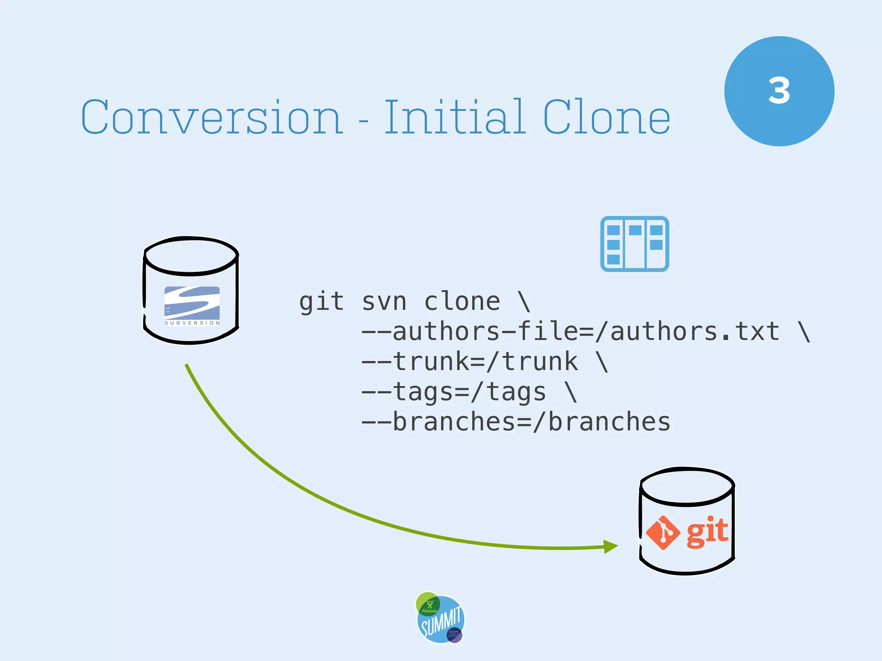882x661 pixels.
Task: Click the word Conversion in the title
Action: [212, 117]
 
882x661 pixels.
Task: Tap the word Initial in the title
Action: [454, 117]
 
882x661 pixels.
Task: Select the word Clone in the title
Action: [606, 117]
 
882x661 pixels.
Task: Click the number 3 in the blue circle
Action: [779, 91]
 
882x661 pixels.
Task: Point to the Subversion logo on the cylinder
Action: [192, 306]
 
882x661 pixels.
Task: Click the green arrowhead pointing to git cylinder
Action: [610, 547]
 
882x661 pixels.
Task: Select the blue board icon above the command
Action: [634, 244]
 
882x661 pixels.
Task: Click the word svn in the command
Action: [384, 301]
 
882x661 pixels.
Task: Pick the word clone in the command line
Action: [462, 301]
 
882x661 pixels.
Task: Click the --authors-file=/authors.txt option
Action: [570, 331]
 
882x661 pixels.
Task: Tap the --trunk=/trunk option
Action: [469, 361]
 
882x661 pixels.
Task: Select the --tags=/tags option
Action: [453, 392]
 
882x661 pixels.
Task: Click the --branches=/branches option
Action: [516, 422]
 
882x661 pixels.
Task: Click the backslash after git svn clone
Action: [524, 301]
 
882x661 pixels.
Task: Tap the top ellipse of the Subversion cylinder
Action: [191, 255]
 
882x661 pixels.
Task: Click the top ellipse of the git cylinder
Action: [687, 486]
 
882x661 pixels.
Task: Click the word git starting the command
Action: [321, 301]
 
